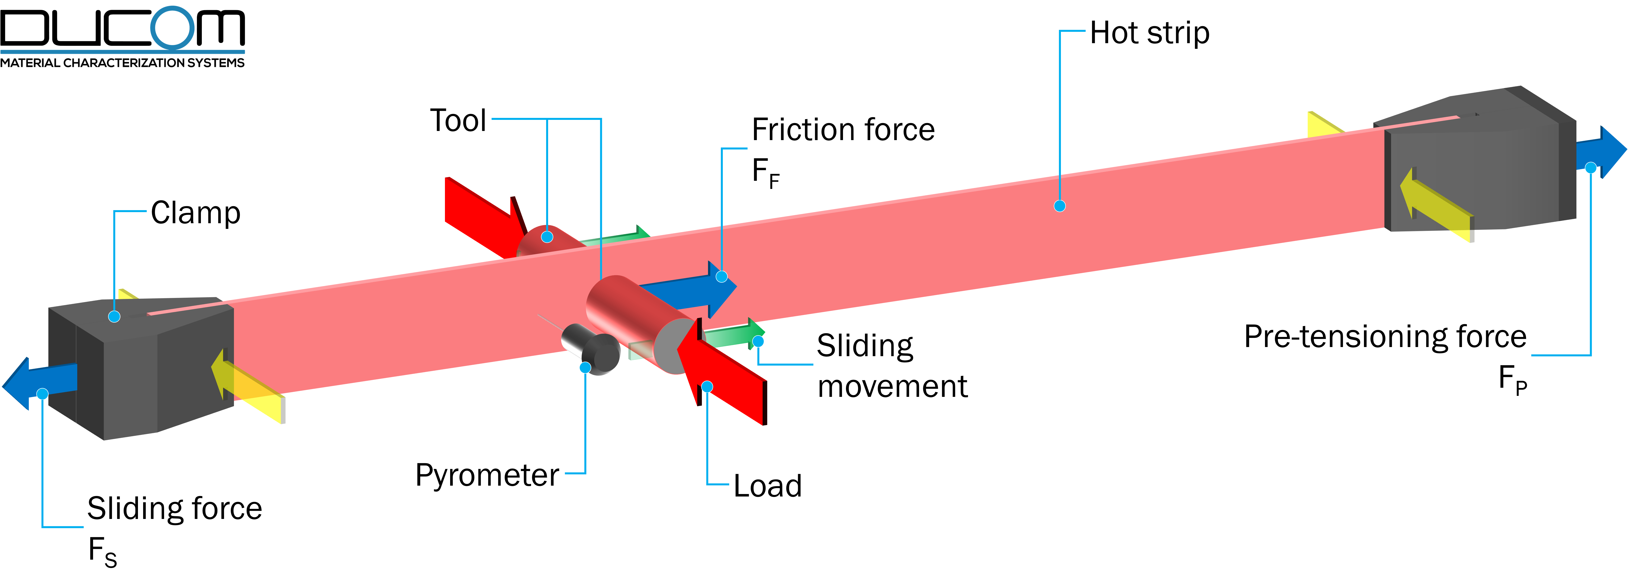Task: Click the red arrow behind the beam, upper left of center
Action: (x=480, y=212)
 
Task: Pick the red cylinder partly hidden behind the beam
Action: (x=543, y=240)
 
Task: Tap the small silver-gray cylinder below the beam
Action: (x=591, y=347)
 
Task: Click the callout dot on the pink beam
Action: (x=1060, y=206)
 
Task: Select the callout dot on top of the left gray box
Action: (x=115, y=316)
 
